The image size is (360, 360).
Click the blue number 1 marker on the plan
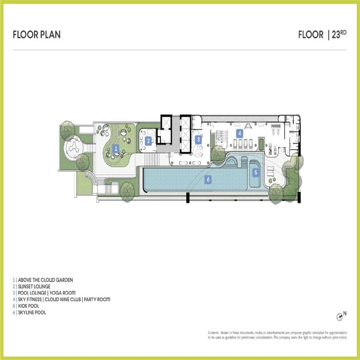click(x=116, y=149)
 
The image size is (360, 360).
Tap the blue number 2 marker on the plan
click(x=148, y=141)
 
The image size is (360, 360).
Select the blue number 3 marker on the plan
click(x=199, y=139)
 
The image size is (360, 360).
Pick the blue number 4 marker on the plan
click(x=240, y=133)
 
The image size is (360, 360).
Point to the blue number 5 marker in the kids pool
click(x=256, y=172)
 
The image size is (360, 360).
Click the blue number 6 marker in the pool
click(x=208, y=179)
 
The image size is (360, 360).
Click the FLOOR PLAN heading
click(x=37, y=35)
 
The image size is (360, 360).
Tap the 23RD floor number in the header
click(x=339, y=34)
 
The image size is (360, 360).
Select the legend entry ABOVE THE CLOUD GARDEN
click(x=45, y=280)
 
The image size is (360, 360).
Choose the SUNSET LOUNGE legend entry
click(x=34, y=286)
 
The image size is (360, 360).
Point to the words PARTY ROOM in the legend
click(x=97, y=299)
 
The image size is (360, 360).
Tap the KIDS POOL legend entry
click(x=28, y=306)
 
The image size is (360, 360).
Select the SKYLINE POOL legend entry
click(x=32, y=312)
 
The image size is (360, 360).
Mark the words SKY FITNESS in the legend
click(x=30, y=299)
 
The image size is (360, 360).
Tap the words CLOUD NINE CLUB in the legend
click(x=63, y=299)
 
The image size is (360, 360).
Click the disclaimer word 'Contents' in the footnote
click(x=213, y=333)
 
